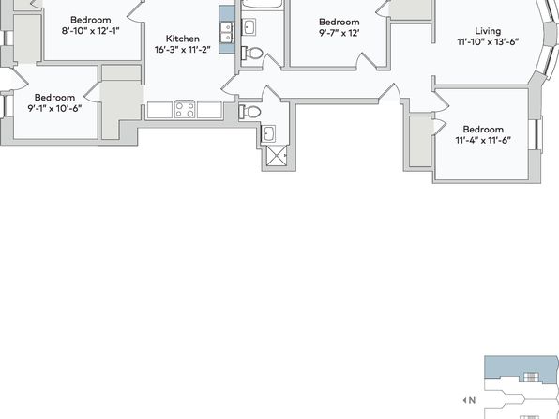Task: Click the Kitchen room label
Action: pyautogui.click(x=183, y=39)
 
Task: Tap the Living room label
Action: pyautogui.click(x=488, y=31)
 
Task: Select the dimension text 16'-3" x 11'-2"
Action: pyautogui.click(x=183, y=49)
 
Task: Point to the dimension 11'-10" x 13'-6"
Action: pyautogui.click(x=488, y=41)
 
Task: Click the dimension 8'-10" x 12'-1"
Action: pyautogui.click(x=91, y=31)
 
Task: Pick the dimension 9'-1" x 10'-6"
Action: pyautogui.click(x=55, y=108)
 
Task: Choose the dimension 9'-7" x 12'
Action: pyautogui.click(x=339, y=33)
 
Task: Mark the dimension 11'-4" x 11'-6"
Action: pyautogui.click(x=483, y=140)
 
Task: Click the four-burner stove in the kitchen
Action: pyautogui.click(x=185, y=109)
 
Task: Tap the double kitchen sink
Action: pyautogui.click(x=226, y=32)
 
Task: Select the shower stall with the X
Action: pyautogui.click(x=277, y=156)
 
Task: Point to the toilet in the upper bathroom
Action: pyautogui.click(x=252, y=54)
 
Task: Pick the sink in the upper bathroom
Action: pyautogui.click(x=249, y=27)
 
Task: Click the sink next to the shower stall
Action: pyautogui.click(x=268, y=134)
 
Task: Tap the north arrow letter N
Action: pyautogui.click(x=473, y=400)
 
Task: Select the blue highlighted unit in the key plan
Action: pyautogui.click(x=521, y=369)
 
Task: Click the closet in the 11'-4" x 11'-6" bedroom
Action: pyautogui.click(x=421, y=141)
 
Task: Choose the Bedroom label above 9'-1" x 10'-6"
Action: pyautogui.click(x=55, y=97)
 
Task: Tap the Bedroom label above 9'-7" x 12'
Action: pyautogui.click(x=339, y=23)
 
